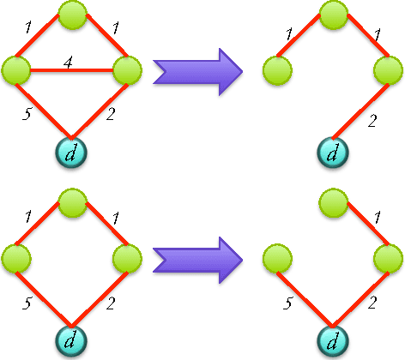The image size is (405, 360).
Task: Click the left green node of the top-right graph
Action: click(x=275, y=68)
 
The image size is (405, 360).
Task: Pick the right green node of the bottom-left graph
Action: click(x=125, y=256)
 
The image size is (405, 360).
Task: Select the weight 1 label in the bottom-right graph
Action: click(x=378, y=220)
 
